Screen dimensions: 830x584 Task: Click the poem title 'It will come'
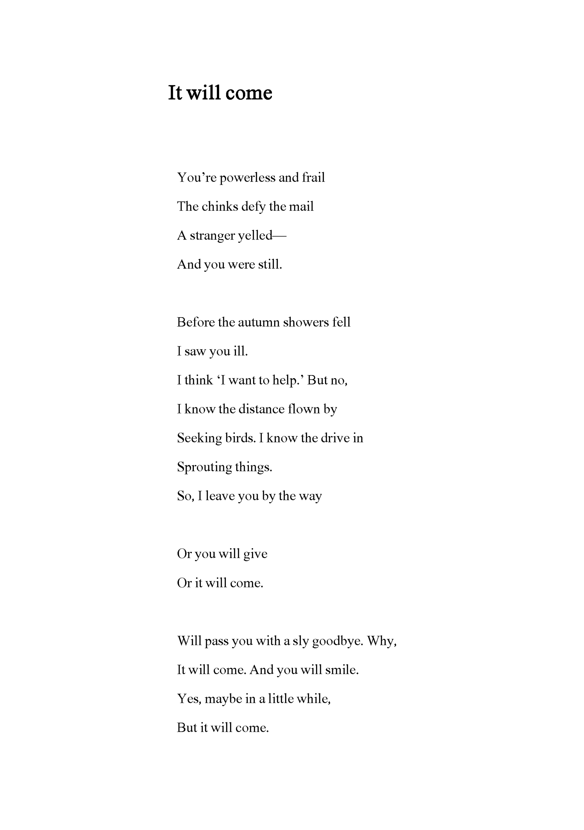tap(220, 93)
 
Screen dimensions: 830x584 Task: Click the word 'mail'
tap(302, 207)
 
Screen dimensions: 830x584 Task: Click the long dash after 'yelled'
tap(279, 236)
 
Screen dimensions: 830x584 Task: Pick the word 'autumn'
tap(259, 322)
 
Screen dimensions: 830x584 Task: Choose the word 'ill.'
tap(240, 351)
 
